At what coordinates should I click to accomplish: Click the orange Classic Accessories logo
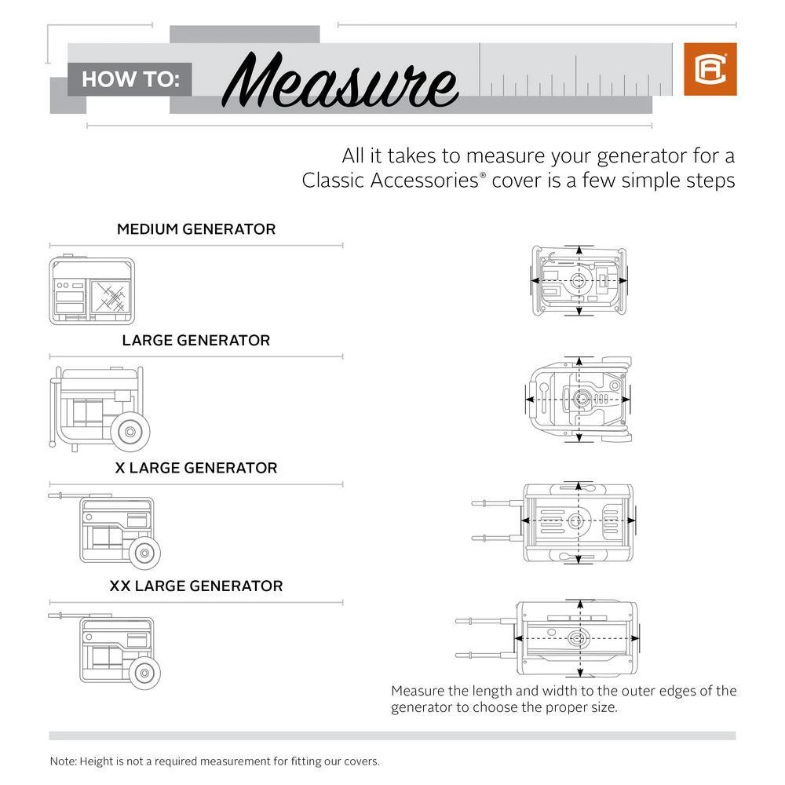[710, 69]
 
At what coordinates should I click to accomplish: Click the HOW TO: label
[131, 79]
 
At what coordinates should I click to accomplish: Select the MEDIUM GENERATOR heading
[196, 229]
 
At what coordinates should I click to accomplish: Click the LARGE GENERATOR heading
[196, 341]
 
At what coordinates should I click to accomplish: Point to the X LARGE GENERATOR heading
[196, 468]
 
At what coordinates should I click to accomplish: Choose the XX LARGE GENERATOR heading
[196, 586]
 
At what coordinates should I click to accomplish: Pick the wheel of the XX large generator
[144, 672]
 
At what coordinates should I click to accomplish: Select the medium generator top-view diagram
[579, 281]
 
